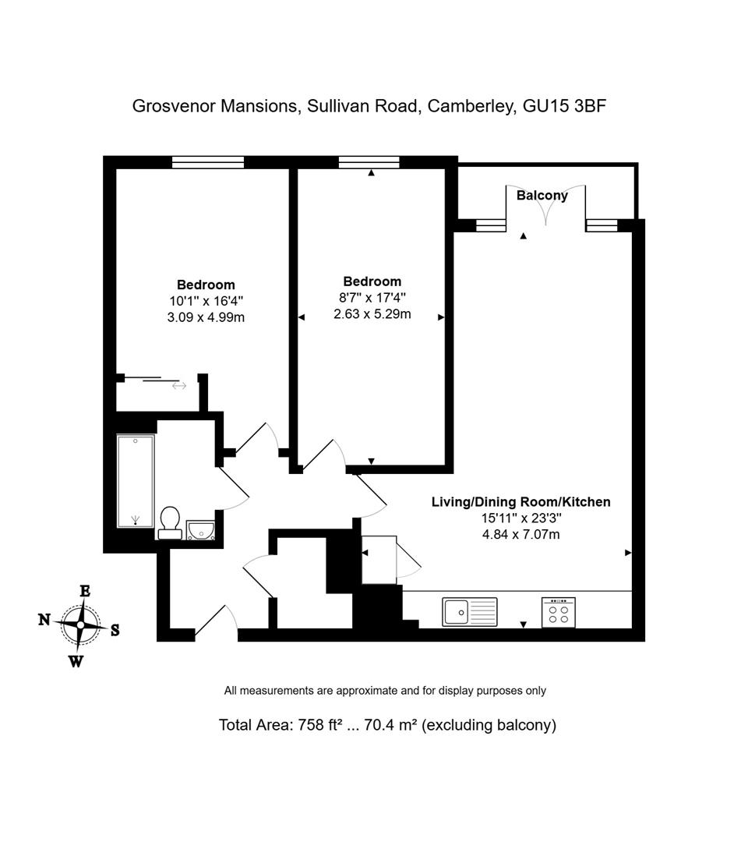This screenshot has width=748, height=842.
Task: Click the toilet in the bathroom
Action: pos(170,522)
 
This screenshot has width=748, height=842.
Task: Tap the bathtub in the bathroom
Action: pos(136,481)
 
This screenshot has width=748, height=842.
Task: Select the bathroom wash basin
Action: pos(201,530)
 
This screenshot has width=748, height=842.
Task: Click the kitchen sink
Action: pos(469,611)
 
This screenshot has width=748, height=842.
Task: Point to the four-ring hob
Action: pos(559,611)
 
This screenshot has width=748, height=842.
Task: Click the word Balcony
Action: pos(542,196)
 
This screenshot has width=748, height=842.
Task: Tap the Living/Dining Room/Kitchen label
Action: pos(520,502)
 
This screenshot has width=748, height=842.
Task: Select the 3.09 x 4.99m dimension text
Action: pos(206,317)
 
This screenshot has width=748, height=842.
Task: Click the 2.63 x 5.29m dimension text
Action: pos(372,314)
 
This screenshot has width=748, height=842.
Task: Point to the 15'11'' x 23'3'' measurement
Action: pos(520,518)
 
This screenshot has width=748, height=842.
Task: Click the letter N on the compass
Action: pos(44,620)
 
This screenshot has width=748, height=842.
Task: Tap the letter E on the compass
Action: pos(84,591)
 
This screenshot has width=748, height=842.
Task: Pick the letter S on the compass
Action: pos(115,631)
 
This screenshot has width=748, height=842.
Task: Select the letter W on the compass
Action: pos(76,662)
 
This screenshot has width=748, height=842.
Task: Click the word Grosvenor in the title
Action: pos(174,106)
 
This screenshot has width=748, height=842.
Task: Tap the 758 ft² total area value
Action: pos(321,725)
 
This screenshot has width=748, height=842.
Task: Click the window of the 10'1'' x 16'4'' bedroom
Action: pos(207,162)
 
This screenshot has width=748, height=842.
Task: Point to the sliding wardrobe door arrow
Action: pos(179,385)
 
